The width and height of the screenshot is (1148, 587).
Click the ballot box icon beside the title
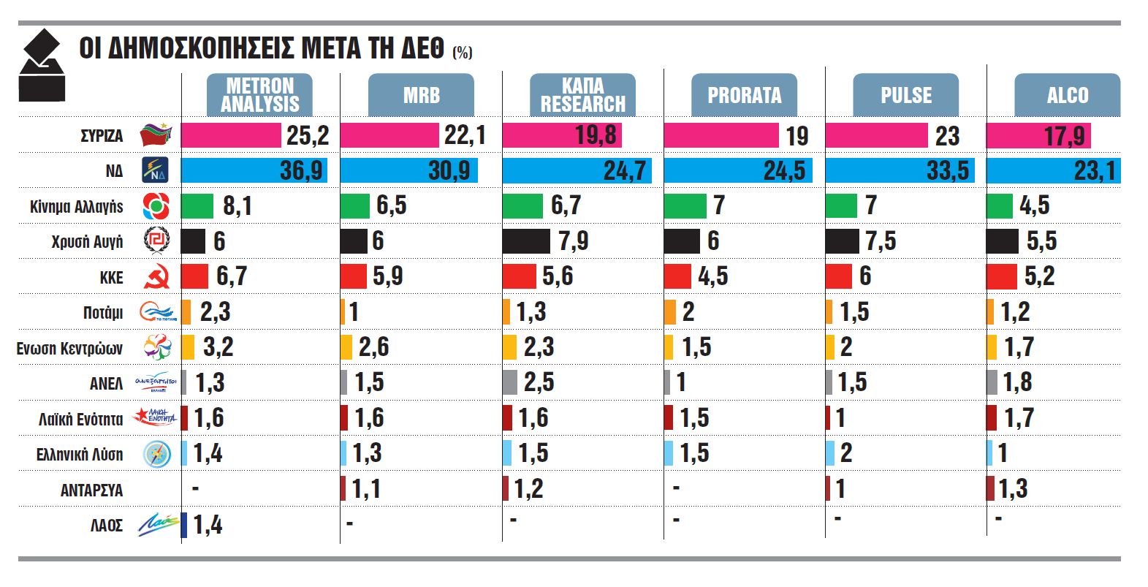(x=42, y=66)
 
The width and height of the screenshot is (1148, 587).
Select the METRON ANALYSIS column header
(x=259, y=95)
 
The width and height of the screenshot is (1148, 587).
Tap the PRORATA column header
(x=744, y=95)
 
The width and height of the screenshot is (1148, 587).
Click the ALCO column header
(x=1067, y=95)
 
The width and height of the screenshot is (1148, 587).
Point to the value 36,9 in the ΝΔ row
(x=301, y=171)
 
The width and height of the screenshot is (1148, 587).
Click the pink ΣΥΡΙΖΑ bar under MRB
(x=389, y=135)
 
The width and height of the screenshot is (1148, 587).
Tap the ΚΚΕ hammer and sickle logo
(x=156, y=277)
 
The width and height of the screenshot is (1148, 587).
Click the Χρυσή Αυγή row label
(x=87, y=242)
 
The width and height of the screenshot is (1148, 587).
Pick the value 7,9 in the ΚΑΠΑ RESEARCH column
(x=572, y=241)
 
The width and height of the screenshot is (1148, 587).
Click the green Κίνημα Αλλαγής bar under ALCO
(x=999, y=206)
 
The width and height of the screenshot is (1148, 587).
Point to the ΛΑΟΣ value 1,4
(x=208, y=525)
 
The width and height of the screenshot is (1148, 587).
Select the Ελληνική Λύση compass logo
(x=156, y=455)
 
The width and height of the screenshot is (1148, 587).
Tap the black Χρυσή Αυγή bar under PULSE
(x=842, y=241)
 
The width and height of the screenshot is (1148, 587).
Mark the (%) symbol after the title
(x=462, y=53)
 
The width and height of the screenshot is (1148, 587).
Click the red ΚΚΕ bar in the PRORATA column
(x=677, y=276)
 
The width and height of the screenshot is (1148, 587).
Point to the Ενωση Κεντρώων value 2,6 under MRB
(x=373, y=347)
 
